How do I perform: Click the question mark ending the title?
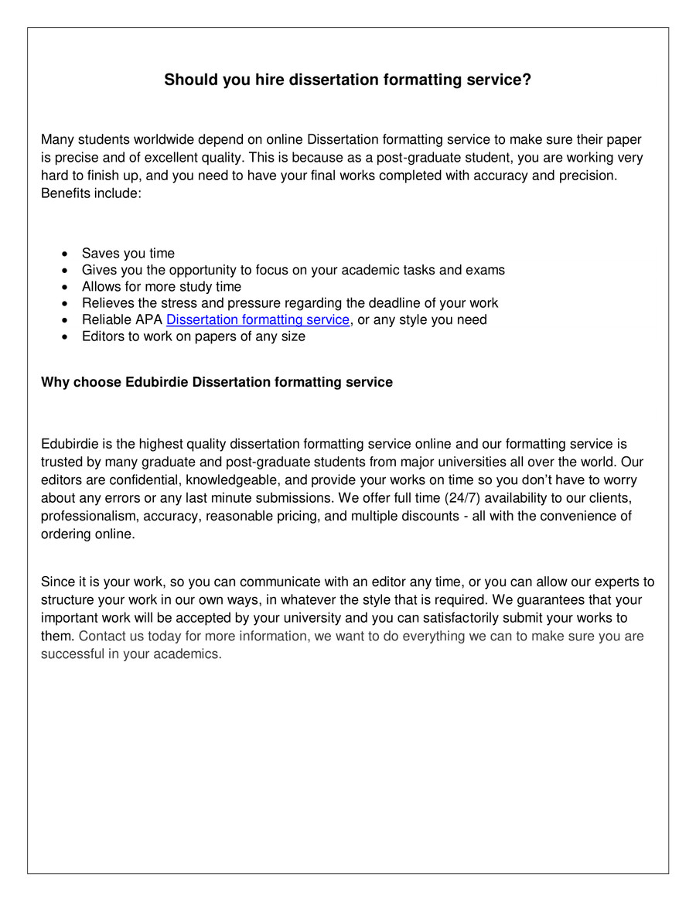click(527, 80)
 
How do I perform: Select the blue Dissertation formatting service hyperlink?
click(258, 319)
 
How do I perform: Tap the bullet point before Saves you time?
click(65, 254)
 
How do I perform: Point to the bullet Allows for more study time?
click(161, 287)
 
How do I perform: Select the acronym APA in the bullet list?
click(148, 319)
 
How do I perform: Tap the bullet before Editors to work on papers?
click(65, 337)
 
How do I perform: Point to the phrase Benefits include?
click(90, 193)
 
